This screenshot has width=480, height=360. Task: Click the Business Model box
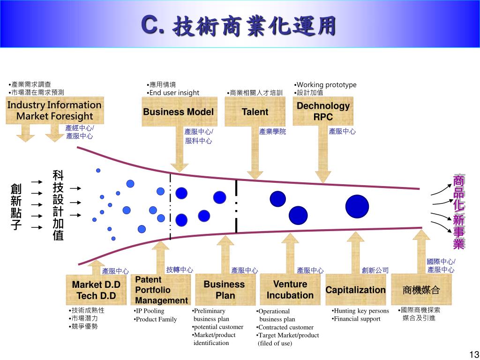(x=178, y=112)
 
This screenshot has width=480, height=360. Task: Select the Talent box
(x=255, y=112)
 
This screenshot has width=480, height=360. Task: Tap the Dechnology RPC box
(x=323, y=112)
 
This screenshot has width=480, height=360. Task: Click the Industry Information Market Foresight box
(x=54, y=111)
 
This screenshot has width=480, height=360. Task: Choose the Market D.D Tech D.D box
(x=96, y=290)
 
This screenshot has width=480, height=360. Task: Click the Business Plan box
(x=224, y=290)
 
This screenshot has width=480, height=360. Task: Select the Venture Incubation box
(x=290, y=290)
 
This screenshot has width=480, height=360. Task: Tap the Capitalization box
(x=355, y=290)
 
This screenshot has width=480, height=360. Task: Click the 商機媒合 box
(x=421, y=290)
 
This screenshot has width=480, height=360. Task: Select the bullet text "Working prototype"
(x=326, y=85)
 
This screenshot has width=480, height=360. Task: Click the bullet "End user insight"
(x=173, y=93)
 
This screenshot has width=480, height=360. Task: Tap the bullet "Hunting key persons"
(x=361, y=311)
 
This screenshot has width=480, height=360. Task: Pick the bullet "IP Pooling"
(x=150, y=311)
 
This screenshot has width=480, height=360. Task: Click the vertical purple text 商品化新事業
(x=458, y=212)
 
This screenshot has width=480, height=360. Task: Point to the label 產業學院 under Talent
(x=272, y=132)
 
